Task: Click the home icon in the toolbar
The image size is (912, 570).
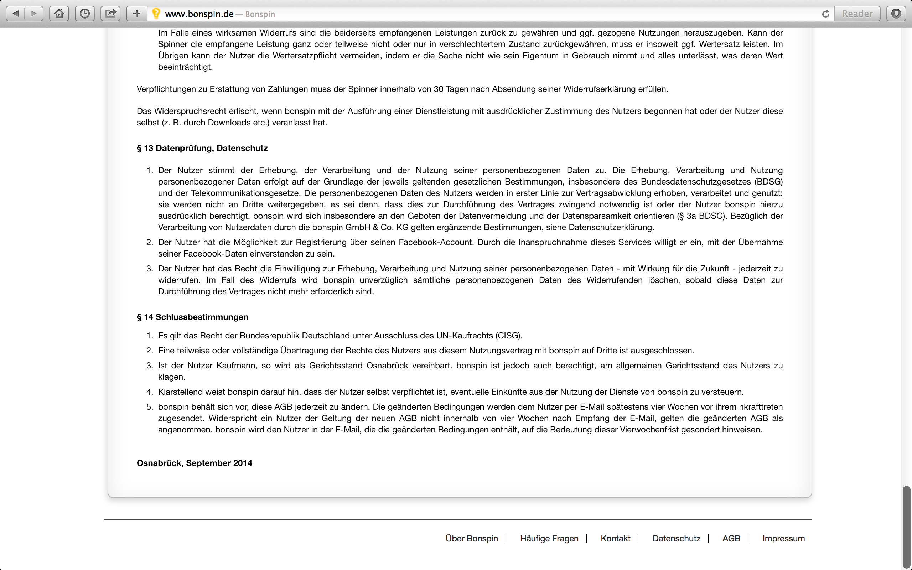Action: point(59,14)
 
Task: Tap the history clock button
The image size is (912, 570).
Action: point(85,14)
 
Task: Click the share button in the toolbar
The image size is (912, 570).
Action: point(110,14)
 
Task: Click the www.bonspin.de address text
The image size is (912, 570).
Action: point(199,14)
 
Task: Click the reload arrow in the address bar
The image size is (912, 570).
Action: point(825,14)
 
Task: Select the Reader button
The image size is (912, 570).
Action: point(857,14)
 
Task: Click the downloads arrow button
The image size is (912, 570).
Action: point(896,14)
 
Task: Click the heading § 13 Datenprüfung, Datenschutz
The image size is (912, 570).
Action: point(202,148)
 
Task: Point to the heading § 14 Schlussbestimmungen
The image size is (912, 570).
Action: point(192,317)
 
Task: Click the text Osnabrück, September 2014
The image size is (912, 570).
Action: point(195,463)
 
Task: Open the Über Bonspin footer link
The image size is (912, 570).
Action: point(471,538)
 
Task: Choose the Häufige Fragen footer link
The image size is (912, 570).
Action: point(549,538)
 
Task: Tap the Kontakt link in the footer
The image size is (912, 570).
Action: point(615,538)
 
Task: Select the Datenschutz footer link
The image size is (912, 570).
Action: point(677,538)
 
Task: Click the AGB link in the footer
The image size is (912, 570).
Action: point(731,538)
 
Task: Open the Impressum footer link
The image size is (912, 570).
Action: point(783,538)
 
